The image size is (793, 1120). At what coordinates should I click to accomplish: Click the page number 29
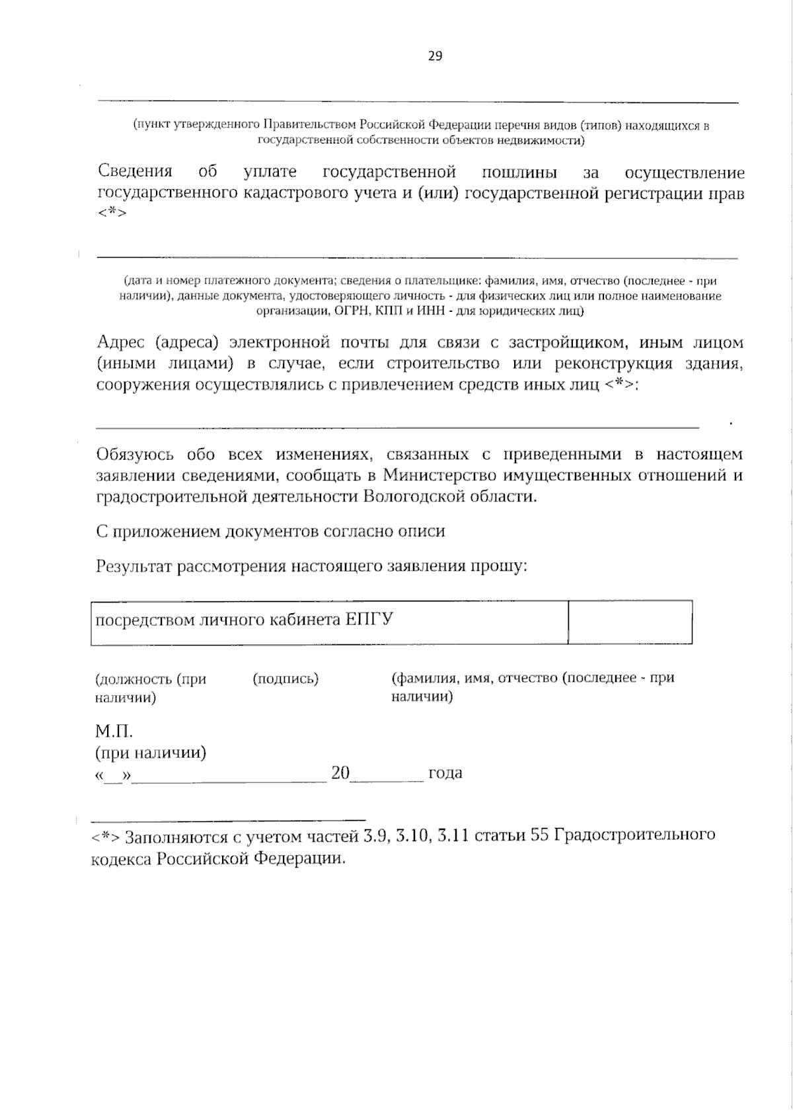pos(435,56)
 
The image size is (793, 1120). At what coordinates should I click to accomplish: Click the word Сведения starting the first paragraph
pos(135,172)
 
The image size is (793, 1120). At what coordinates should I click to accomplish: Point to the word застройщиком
pos(564,343)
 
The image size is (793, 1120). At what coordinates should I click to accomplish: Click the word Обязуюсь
pos(135,455)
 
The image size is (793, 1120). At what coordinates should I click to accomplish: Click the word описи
pos(424,532)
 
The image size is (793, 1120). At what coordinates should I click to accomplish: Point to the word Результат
pos(135,567)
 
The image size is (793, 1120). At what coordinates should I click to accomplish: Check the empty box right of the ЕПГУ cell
pos(630,622)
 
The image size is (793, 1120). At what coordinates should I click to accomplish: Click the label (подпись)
pos(285,679)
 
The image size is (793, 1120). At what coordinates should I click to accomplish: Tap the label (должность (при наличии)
pos(150,687)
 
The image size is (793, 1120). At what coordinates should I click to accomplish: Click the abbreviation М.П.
pos(114,731)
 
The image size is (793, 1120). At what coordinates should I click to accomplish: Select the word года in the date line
pos(445,773)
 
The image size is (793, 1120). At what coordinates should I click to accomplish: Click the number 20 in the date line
pos(340,772)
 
